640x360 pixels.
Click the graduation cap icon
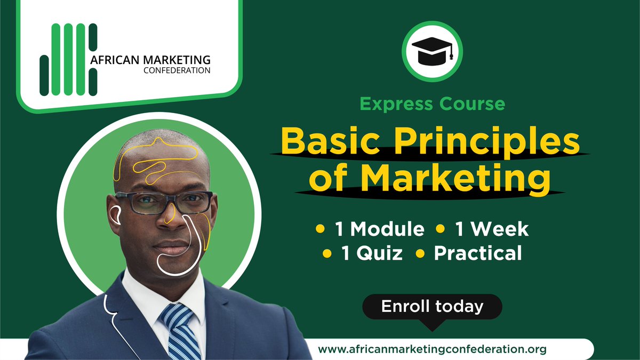(432, 52)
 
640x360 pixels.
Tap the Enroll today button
(432, 307)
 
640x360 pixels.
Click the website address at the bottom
(433, 349)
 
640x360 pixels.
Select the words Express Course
(433, 103)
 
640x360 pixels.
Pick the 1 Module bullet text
(379, 229)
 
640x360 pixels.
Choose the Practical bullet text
(478, 253)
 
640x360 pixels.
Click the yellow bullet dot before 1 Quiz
(327, 253)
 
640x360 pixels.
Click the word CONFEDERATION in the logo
(177, 70)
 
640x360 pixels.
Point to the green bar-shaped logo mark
(69, 60)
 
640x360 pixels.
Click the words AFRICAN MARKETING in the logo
(150, 59)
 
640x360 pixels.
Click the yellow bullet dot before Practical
(420, 253)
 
